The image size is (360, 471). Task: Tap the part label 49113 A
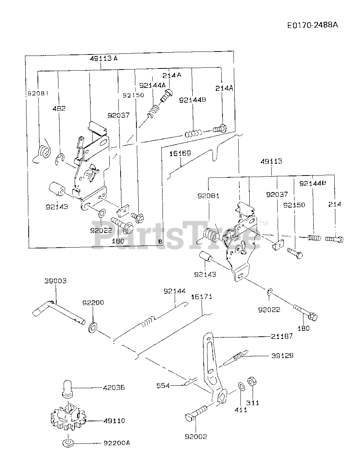point(103,58)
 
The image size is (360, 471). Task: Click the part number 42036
point(114,387)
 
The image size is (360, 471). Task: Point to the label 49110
point(114,421)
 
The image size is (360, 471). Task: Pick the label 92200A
point(116,443)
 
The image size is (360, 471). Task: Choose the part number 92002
point(196,436)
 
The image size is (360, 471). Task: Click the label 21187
point(282,336)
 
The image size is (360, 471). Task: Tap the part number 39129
point(282,356)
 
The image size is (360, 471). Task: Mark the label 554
point(163,385)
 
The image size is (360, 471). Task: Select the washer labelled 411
point(242,387)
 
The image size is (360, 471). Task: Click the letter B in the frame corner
point(160,241)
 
